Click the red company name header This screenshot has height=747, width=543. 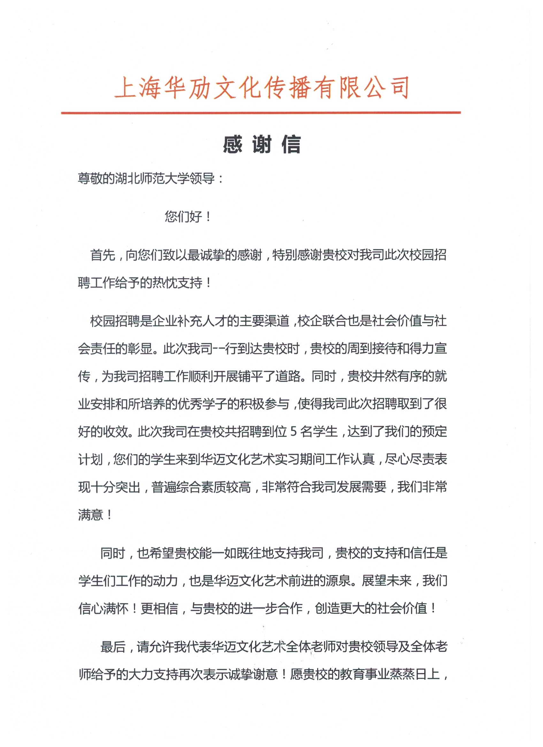(x=262, y=88)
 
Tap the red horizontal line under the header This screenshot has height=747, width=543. (x=260, y=113)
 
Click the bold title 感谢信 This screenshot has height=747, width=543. (x=262, y=145)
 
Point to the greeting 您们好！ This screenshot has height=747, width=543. (x=188, y=217)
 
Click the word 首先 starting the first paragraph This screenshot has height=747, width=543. (x=103, y=255)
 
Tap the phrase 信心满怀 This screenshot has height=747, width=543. (x=103, y=608)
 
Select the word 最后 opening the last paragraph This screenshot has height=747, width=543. (x=113, y=647)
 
